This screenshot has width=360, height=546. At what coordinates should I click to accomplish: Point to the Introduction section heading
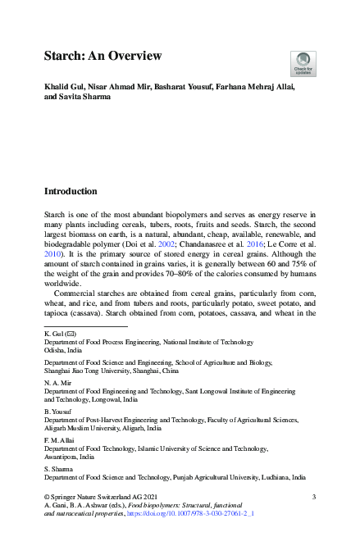coord(82,191)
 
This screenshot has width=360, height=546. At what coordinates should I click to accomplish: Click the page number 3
coord(314,496)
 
